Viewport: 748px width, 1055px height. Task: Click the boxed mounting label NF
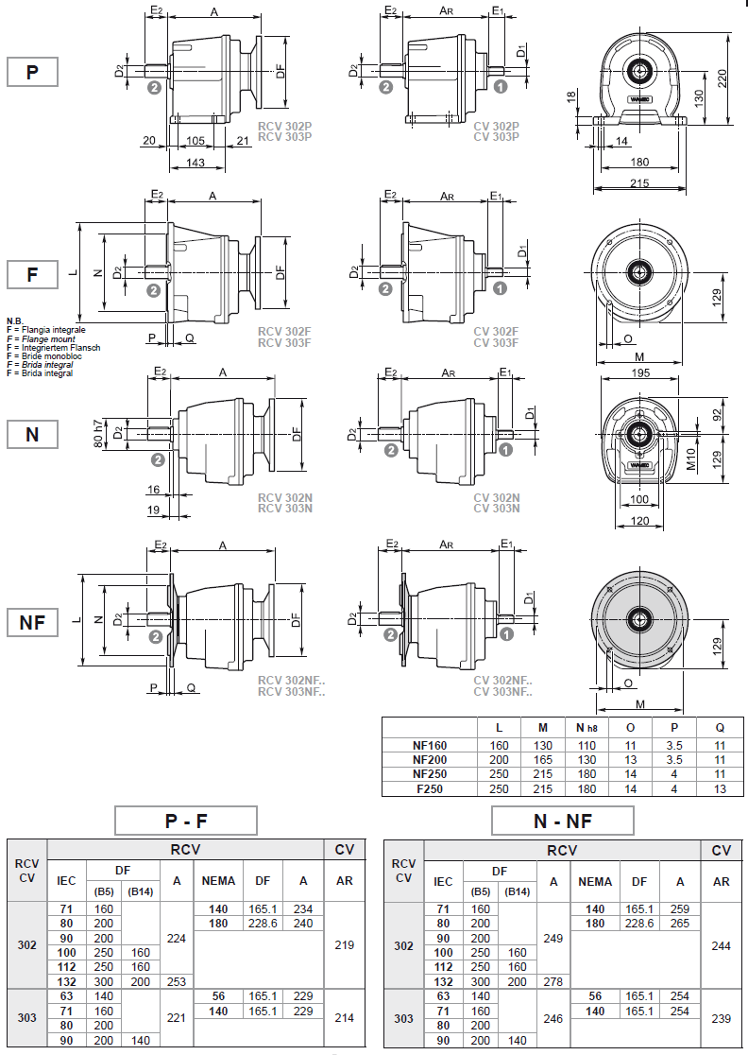pos(32,622)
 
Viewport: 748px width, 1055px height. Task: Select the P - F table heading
pos(185,821)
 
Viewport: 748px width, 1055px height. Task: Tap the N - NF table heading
pos(562,821)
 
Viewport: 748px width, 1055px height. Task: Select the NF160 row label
pos(430,746)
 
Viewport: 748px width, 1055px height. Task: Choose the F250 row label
pos(430,788)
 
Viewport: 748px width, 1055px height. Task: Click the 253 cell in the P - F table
pos(177,981)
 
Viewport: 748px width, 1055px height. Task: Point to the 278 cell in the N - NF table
pos(553,981)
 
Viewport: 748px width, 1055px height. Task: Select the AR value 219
pos(345,944)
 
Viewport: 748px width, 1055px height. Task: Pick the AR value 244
pos(722,944)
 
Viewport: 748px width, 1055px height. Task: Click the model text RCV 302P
pos(284,126)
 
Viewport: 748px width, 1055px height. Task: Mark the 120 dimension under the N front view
pos(639,521)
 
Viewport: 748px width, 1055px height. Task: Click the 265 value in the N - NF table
pos(680,924)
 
